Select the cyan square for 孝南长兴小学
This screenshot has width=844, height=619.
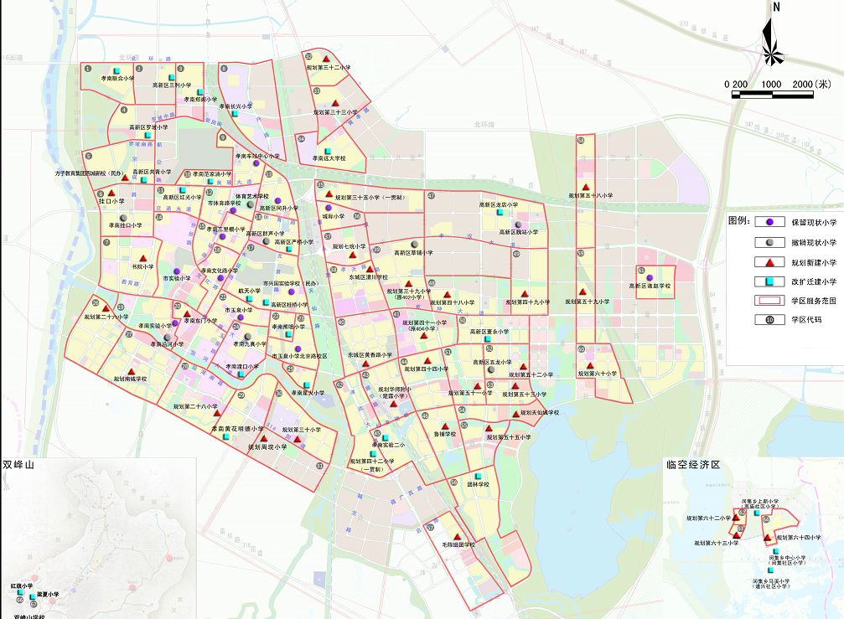tap(236, 97)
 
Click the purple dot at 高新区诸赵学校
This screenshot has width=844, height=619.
tap(650, 277)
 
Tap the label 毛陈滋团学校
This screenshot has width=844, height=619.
tap(458, 544)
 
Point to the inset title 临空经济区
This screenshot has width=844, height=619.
tap(693, 464)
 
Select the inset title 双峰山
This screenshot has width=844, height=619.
tap(20, 463)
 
